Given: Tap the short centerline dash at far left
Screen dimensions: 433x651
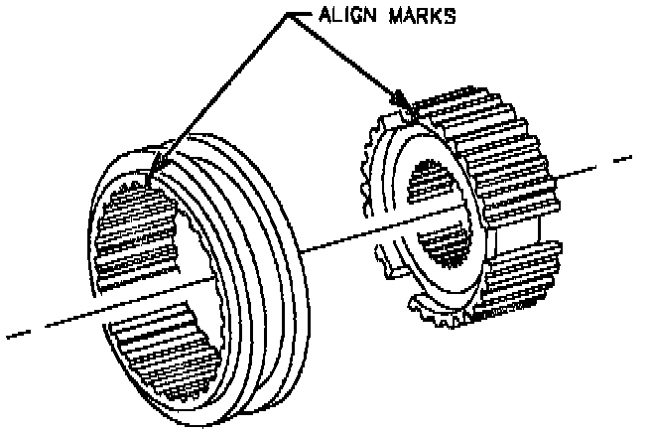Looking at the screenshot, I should tap(18, 332).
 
